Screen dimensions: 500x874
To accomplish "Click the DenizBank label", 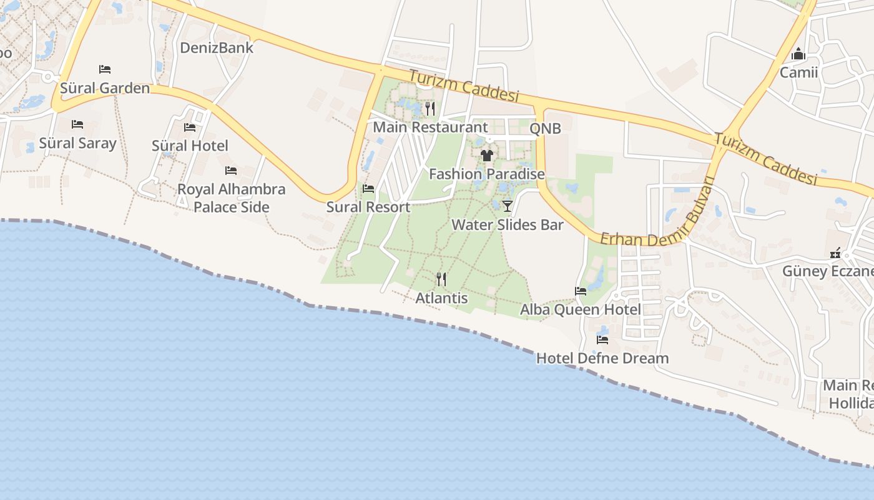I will tap(217, 47).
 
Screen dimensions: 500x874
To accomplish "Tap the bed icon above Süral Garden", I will tap(105, 69).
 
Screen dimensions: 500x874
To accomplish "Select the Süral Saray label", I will tap(77, 143).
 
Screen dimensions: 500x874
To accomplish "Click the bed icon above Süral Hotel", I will tap(190, 127).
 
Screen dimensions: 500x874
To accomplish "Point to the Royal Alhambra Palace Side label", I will tap(232, 198).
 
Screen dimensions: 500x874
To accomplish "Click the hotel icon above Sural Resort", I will tap(368, 189).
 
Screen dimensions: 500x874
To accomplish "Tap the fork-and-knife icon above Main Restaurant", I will tap(430, 109).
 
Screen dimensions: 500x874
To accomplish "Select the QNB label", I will tap(545, 129).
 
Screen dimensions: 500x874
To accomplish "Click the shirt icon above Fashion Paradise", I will tap(487, 155).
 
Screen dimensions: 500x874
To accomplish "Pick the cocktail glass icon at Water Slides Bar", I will tap(507, 206).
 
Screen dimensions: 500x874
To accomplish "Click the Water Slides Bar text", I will tap(507, 225).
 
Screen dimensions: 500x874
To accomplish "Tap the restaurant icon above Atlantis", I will tap(441, 279).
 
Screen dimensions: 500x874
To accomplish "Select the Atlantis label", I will tap(441, 298).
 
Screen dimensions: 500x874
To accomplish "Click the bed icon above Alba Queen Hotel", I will tap(581, 291).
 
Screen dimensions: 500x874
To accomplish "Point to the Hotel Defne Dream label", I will tap(602, 359).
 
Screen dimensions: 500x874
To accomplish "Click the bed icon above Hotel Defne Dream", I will tap(602, 340).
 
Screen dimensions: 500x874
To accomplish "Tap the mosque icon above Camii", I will tap(798, 54).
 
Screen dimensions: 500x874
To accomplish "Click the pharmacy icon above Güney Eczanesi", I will tap(835, 253).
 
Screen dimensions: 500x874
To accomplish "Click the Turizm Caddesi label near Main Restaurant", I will tap(464, 86).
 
